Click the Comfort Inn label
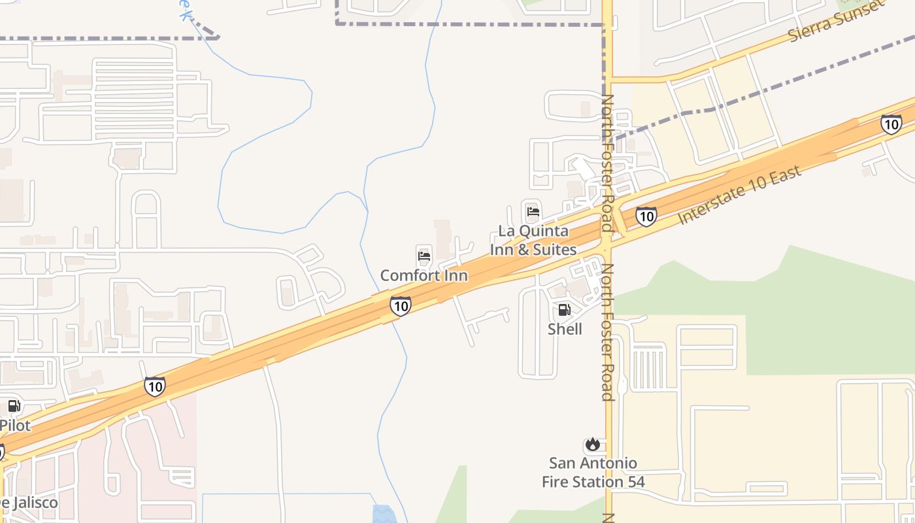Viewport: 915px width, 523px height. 424,275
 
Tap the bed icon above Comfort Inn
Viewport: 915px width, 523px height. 424,256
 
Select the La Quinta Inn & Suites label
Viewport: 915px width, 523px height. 533,240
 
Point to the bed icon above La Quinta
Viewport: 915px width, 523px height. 533,212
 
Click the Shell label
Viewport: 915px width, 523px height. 565,329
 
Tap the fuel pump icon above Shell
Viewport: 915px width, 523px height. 564,310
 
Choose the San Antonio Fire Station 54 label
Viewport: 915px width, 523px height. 593,473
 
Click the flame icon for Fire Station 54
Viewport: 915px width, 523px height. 593,445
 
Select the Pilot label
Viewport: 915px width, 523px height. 15,426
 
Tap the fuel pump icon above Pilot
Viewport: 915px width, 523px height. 14,406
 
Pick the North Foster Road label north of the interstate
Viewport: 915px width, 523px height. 608,163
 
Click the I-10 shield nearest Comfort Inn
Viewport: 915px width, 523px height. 401,305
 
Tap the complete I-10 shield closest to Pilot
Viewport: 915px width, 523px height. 155,386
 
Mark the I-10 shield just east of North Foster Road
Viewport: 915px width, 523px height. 646,216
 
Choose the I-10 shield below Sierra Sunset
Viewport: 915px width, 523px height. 891,124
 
